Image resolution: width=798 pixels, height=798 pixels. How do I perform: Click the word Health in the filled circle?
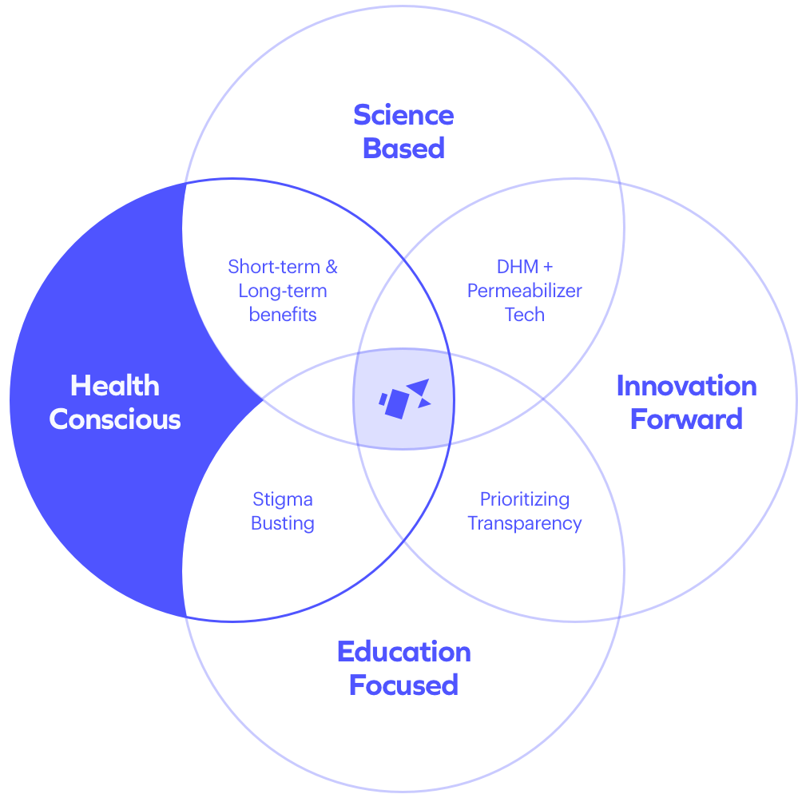click(x=115, y=386)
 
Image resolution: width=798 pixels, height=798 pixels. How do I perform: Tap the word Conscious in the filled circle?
click(x=115, y=419)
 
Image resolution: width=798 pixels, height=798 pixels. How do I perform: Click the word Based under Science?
click(x=403, y=149)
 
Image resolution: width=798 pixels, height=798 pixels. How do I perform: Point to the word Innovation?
click(x=686, y=387)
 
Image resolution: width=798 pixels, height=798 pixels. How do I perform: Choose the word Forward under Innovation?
click(x=686, y=419)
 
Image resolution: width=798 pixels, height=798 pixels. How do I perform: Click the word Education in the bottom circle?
click(x=403, y=652)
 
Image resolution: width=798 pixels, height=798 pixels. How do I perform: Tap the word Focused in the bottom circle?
click(x=403, y=685)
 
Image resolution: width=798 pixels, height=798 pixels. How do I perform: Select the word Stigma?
click(x=283, y=500)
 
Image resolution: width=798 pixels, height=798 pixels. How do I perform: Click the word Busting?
click(x=283, y=524)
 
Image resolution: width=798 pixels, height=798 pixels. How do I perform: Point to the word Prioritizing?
click(x=525, y=500)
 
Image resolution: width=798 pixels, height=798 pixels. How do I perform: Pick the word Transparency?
click(x=525, y=524)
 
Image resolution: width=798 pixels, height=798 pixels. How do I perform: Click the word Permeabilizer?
click(x=525, y=291)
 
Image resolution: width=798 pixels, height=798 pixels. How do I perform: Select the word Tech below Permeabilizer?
click(x=525, y=315)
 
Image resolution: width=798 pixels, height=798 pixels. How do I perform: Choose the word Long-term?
click(x=283, y=291)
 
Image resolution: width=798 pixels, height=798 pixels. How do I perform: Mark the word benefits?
click(x=283, y=315)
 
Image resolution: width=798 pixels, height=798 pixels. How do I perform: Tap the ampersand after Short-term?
click(x=331, y=267)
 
